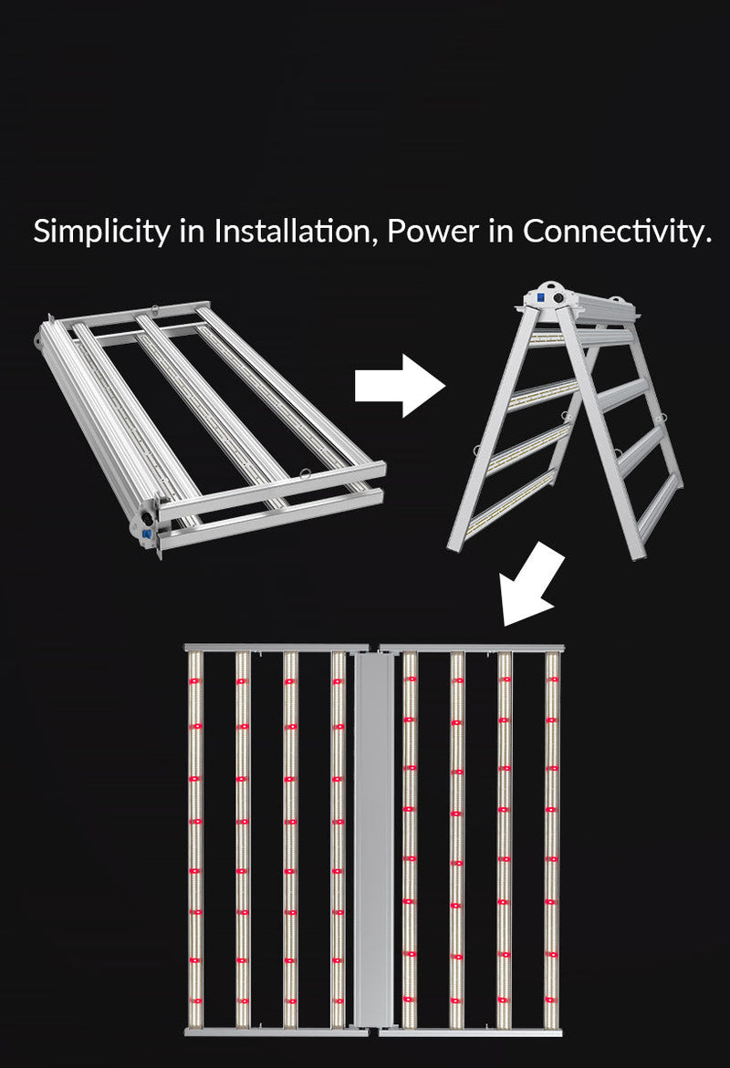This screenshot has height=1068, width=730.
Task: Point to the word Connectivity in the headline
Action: (616, 232)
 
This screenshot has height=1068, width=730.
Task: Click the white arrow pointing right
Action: (399, 387)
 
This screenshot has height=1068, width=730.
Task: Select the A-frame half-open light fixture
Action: (566, 420)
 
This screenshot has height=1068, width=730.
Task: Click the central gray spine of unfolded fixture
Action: (372, 839)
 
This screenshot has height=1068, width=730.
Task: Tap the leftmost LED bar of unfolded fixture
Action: (194, 839)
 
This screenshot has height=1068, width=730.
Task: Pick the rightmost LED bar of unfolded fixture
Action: (551, 839)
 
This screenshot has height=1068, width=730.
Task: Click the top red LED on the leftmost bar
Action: (194, 681)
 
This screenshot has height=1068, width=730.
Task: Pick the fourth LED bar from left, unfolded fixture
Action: (338, 839)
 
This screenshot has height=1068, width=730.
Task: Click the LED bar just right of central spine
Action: (409, 839)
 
